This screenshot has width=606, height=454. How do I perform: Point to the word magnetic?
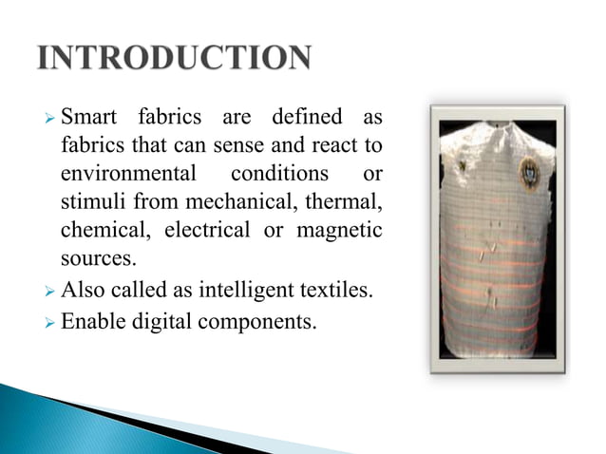[x=341, y=231]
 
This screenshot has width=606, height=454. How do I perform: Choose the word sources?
[x=97, y=258]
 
